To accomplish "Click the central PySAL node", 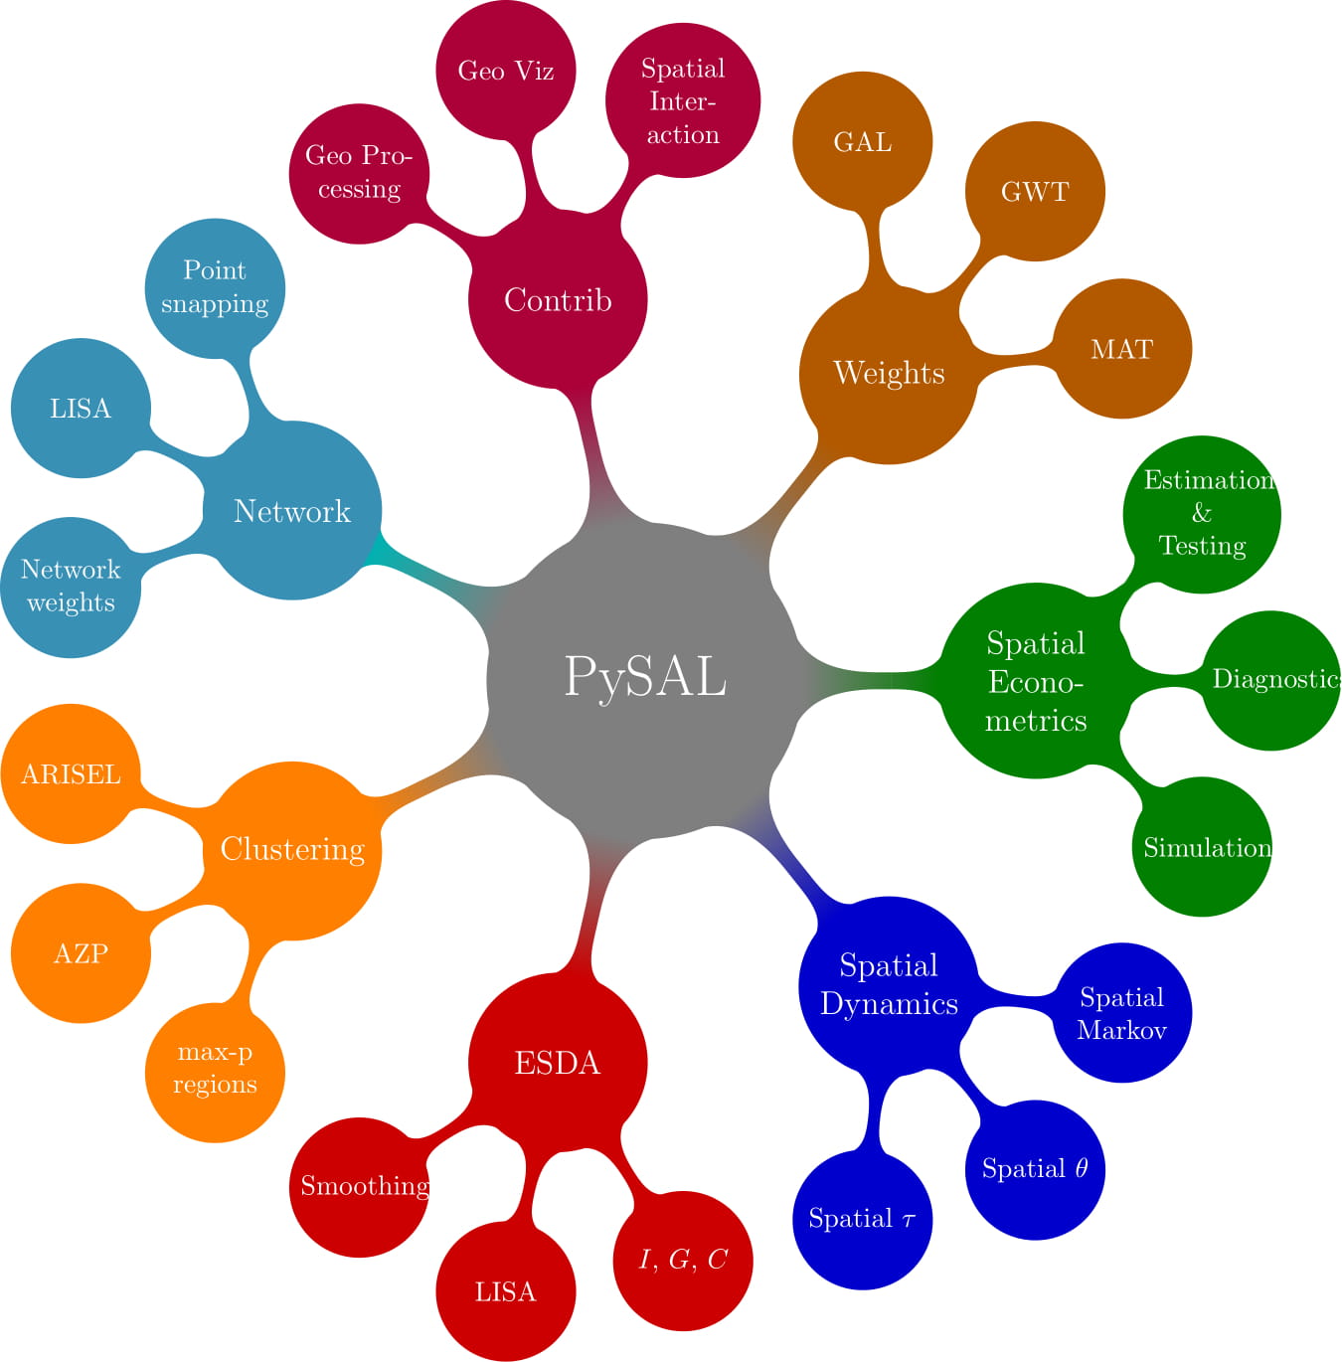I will (644, 678).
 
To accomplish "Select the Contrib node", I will (558, 299).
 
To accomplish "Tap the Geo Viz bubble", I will (506, 71).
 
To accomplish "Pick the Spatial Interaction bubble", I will (683, 101).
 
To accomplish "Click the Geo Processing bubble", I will (359, 173).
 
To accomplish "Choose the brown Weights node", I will (889, 374).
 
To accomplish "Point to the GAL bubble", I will (862, 142).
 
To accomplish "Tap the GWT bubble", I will (1035, 192).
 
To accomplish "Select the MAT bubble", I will (1121, 349).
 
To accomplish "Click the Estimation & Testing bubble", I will (1202, 514).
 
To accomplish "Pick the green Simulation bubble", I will (1202, 847).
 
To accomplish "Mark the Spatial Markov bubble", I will (1121, 1013).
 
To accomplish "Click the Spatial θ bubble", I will (1035, 1169).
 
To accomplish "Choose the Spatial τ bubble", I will (862, 1220).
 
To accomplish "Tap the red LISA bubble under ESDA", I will (506, 1291).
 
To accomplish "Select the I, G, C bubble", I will (683, 1261).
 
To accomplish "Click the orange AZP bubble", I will (81, 953).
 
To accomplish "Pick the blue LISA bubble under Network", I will (81, 409).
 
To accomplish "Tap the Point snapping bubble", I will (215, 287).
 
